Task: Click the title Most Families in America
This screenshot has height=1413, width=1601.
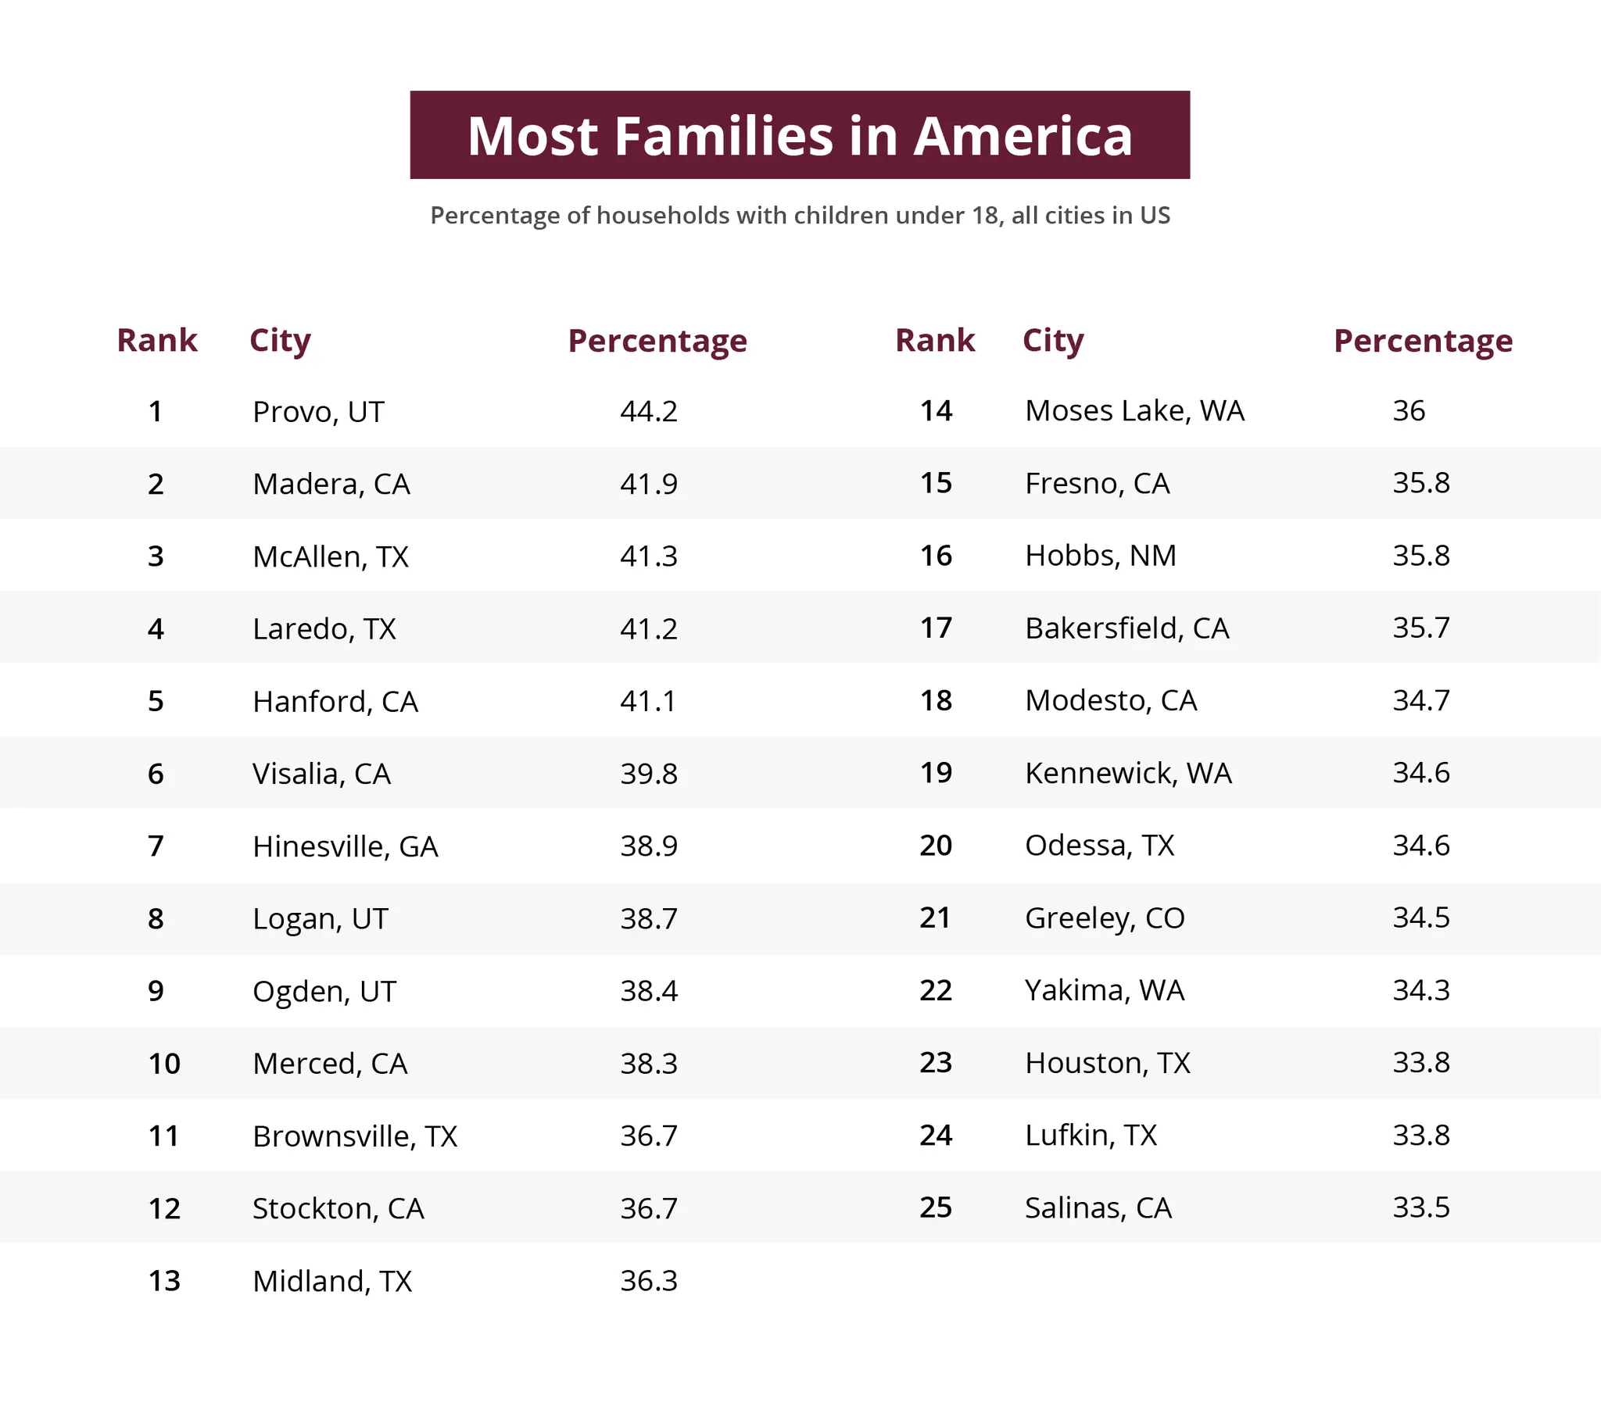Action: tap(800, 135)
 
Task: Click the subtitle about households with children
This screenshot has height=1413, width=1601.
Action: tap(800, 216)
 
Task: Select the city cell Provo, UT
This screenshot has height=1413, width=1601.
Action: tap(318, 412)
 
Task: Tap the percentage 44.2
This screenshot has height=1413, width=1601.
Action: tap(649, 411)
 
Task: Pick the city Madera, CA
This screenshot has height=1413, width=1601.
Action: tap(331, 484)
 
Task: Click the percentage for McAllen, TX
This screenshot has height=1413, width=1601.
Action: tap(649, 556)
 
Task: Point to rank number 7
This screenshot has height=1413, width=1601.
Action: tap(156, 846)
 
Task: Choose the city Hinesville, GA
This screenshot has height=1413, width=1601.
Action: tap(345, 846)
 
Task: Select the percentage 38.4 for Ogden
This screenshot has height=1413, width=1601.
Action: tap(649, 991)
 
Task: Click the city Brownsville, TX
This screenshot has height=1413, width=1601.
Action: tap(355, 1136)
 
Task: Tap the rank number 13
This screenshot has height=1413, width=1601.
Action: tap(164, 1281)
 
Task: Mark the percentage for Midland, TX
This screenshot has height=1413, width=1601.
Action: tap(649, 1281)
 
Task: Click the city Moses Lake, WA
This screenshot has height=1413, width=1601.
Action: tap(1134, 410)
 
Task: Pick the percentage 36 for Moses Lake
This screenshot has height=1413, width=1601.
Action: tap(1409, 410)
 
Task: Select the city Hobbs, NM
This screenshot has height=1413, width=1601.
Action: tap(1101, 556)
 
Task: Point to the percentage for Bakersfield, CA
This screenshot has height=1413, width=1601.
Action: tap(1421, 628)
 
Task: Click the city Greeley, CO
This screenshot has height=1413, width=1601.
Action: tap(1105, 918)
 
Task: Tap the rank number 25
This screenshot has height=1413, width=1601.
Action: tap(936, 1207)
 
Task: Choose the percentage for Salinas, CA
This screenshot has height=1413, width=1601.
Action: tap(1421, 1207)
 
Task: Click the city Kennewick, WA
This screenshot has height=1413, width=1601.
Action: tap(1128, 773)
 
